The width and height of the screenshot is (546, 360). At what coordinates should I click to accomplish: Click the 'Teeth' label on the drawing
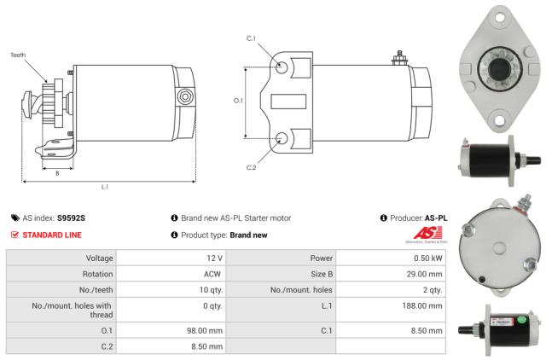(x=18, y=55)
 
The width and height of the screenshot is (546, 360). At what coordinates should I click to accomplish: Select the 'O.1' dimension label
(x=239, y=101)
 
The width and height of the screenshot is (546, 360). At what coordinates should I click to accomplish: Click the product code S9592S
(x=72, y=218)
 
